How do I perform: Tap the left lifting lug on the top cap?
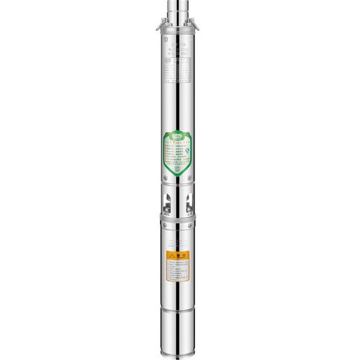pyautogui.click(x=159, y=28)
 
